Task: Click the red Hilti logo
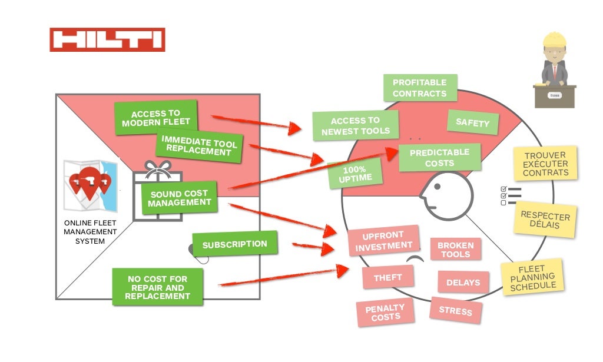pyautogui.click(x=107, y=39)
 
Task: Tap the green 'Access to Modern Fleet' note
pyautogui.click(x=156, y=118)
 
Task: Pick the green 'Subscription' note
pyautogui.click(x=234, y=244)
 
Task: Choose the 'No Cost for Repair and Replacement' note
pyautogui.click(x=158, y=287)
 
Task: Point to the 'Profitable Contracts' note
pyautogui.click(x=419, y=88)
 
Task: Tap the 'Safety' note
pyautogui.click(x=472, y=123)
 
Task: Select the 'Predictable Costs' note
pyautogui.click(x=439, y=157)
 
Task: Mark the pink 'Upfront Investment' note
pyautogui.click(x=383, y=241)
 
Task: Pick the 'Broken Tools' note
pyautogui.click(x=455, y=250)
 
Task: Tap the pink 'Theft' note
pyautogui.click(x=387, y=277)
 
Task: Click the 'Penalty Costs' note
pyautogui.click(x=385, y=313)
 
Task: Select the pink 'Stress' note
pyautogui.click(x=456, y=310)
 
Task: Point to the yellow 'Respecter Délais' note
pyautogui.click(x=545, y=220)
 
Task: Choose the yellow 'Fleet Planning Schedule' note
pyautogui.click(x=532, y=277)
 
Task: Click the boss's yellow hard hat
pyautogui.click(x=554, y=39)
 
